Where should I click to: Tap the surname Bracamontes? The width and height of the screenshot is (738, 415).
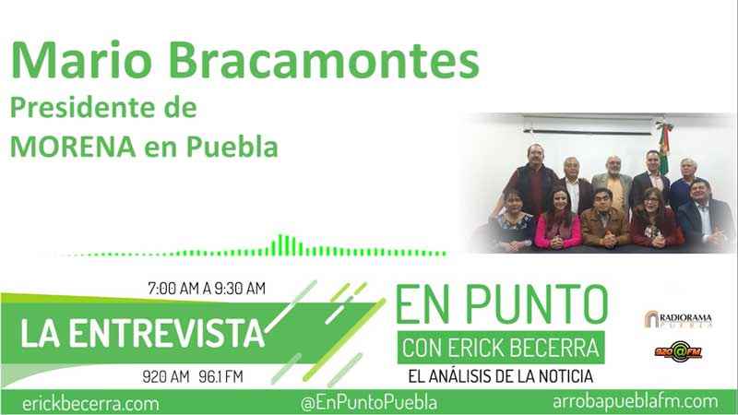pos(327,62)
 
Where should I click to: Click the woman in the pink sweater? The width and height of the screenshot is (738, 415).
pos(559,221)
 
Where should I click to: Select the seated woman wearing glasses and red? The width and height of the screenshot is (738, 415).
pos(653,221)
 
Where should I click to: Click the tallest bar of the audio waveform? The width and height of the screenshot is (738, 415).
pos(284,244)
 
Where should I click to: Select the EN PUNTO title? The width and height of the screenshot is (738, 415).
pos(501,305)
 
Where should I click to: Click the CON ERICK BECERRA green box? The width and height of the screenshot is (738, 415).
pos(501,350)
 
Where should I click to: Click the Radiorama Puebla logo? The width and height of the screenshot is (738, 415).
pos(677,319)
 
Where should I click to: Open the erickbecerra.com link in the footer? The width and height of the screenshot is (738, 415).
pos(90,403)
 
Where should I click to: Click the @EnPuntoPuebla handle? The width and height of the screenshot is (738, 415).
pos(369,403)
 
